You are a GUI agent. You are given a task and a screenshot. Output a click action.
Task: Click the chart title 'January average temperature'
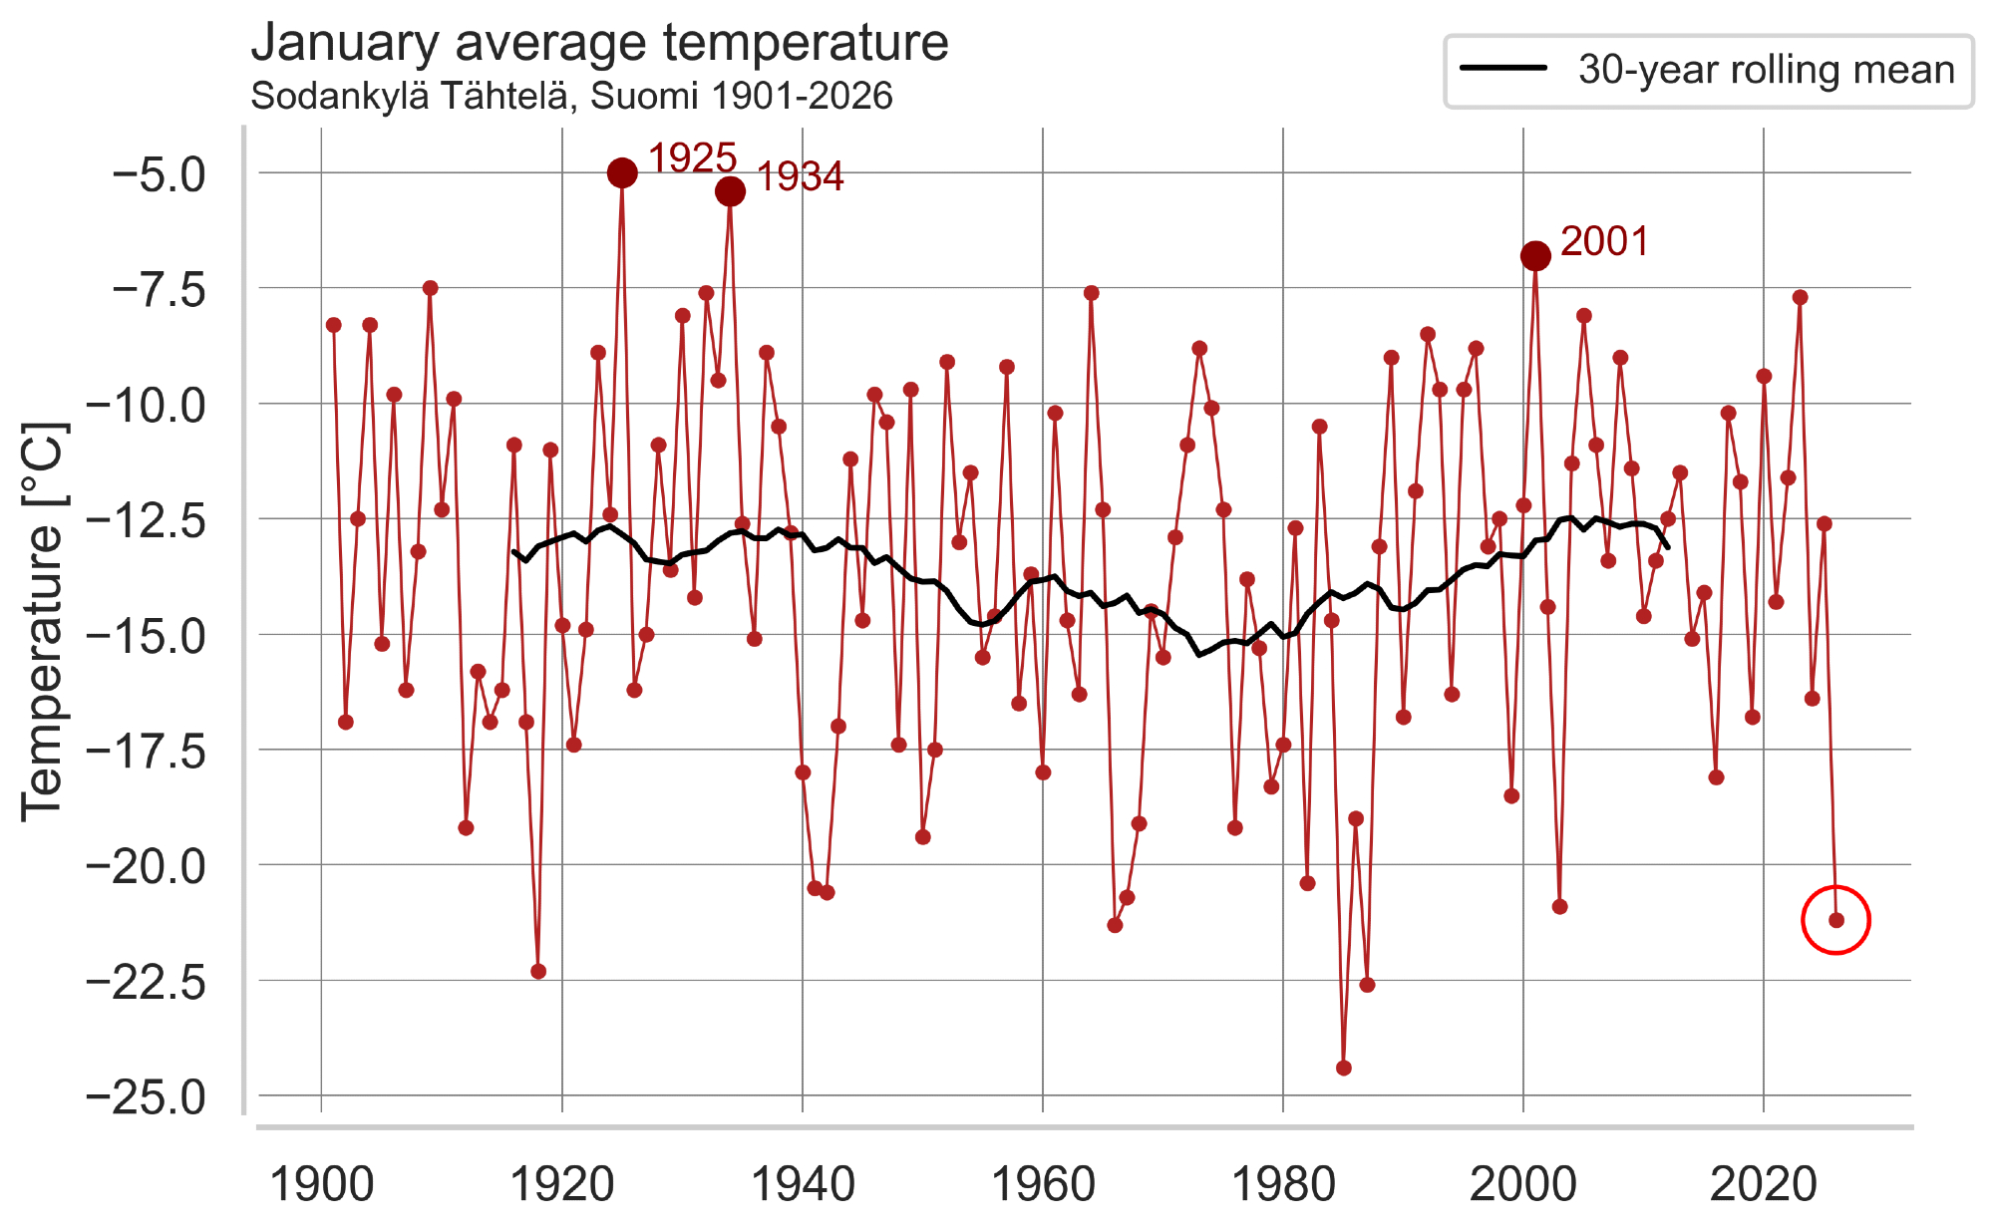(599, 43)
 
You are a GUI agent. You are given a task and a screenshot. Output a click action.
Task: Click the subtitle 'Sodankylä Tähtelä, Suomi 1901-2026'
(571, 97)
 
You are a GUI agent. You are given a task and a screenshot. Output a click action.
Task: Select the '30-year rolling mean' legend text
(1766, 70)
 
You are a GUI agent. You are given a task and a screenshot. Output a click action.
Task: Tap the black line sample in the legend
(1503, 69)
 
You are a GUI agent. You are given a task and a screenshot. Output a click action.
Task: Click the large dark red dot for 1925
(622, 173)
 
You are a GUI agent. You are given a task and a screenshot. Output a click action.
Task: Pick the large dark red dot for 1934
(730, 191)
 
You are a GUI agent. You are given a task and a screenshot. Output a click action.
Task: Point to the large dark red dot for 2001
(1535, 256)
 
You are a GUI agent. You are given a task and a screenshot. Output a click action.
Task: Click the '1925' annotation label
(692, 158)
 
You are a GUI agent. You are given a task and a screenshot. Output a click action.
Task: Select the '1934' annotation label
(800, 177)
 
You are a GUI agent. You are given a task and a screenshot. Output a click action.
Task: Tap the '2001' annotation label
(1604, 241)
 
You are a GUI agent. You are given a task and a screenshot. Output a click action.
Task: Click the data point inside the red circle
(1836, 920)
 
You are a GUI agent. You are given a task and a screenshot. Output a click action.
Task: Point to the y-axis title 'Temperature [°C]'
(43, 622)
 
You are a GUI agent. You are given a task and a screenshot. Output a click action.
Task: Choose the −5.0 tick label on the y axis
(160, 175)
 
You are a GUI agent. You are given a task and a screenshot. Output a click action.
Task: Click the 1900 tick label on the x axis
(322, 1185)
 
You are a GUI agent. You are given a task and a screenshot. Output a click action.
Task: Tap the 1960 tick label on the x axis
(1043, 1185)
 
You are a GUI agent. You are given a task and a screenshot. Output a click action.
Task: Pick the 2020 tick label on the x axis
(1764, 1185)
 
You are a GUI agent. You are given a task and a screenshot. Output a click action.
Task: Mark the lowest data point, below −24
(1344, 1068)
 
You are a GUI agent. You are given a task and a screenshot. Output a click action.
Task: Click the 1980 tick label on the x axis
(1283, 1185)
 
